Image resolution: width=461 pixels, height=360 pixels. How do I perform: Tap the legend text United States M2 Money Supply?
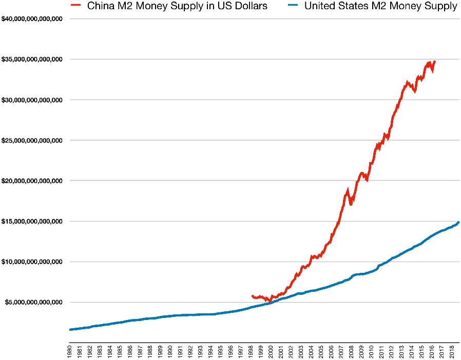click(x=380, y=7)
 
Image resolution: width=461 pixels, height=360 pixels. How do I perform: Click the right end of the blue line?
click(x=458, y=222)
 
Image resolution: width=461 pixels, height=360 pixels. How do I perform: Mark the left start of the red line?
click(x=252, y=296)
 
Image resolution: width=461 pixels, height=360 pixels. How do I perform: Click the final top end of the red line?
click(x=435, y=62)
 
